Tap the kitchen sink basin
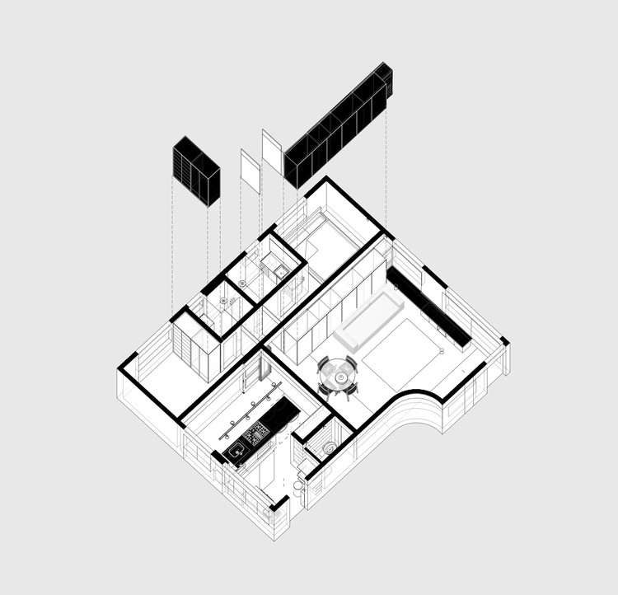236,450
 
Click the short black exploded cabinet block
196,171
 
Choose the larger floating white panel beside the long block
272,149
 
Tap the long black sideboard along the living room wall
429,305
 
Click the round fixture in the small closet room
330,448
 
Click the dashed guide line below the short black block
172,247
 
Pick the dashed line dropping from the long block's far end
386,165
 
